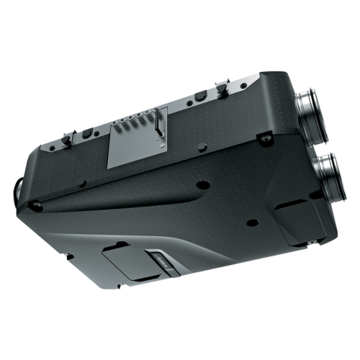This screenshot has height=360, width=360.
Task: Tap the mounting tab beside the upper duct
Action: [267, 135]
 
